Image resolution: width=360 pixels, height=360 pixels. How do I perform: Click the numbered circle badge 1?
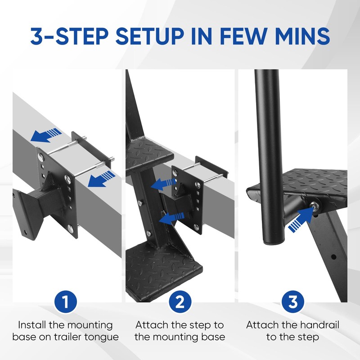coord(66,301)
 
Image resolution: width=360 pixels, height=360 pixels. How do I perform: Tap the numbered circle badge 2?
coord(180,301)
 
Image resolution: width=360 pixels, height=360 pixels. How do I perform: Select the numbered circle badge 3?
coord(293,301)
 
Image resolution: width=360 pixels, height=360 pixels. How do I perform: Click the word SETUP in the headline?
coord(150,36)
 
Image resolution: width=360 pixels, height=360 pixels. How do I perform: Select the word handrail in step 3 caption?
coord(319,325)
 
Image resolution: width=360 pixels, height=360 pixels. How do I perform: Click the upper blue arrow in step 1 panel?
coord(46,135)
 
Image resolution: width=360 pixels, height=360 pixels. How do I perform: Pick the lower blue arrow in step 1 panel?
coord(101,179)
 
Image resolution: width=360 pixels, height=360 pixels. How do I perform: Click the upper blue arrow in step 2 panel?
coord(163,184)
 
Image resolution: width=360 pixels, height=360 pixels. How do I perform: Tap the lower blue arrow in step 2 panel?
coord(171,218)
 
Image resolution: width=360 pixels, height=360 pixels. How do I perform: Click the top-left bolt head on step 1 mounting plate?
coord(41,157)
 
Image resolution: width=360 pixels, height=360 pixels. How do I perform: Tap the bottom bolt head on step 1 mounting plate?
coord(71,228)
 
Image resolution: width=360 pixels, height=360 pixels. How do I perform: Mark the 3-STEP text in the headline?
coord(69,36)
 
